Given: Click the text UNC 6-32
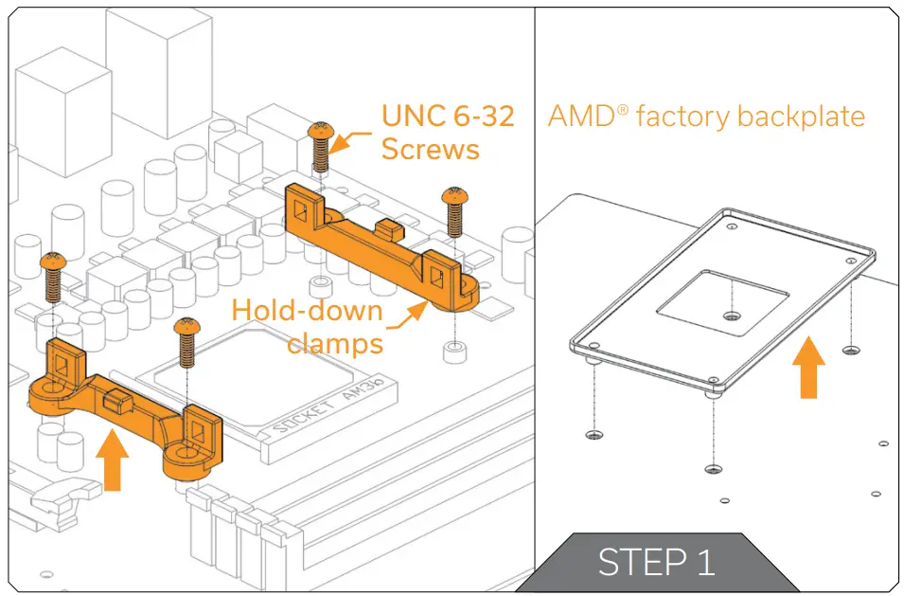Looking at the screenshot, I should click(x=448, y=117).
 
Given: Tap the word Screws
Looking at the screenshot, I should click(x=430, y=149).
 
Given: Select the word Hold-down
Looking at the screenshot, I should click(x=308, y=311).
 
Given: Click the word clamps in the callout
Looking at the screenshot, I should click(x=335, y=342).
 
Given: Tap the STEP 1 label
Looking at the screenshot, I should click(x=656, y=562).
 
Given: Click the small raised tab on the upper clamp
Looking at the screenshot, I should click(x=385, y=227).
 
